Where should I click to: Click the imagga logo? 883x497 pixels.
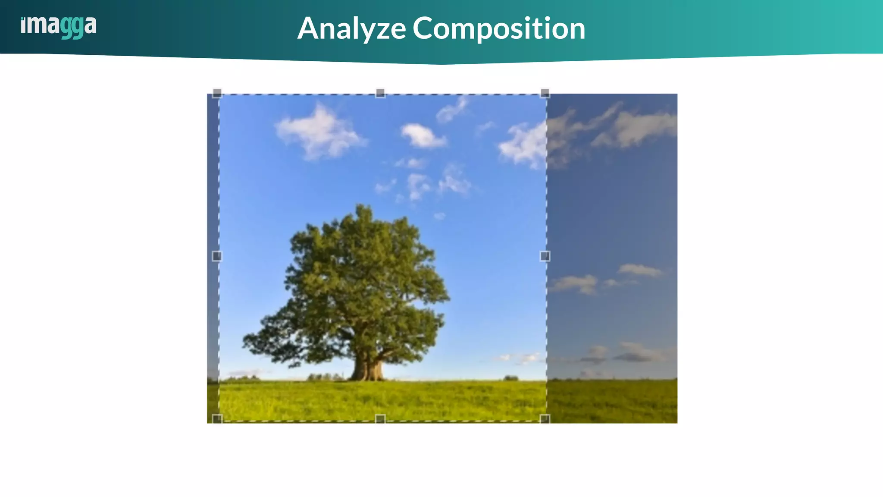(59, 26)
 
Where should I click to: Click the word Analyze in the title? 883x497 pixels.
(351, 28)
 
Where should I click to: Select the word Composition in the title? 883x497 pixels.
(499, 28)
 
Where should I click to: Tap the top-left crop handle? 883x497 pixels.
(217, 93)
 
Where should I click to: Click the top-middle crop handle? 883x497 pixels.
(380, 93)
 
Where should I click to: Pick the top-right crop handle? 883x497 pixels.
(545, 93)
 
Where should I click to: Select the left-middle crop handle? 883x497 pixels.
(217, 256)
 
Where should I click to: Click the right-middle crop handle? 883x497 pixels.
(545, 256)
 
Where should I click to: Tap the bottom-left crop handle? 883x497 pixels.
(217, 418)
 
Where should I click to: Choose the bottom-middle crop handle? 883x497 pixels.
(380, 418)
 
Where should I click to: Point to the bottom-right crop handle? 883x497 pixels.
(545, 418)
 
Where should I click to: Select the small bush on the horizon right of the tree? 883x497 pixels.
(511, 378)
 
